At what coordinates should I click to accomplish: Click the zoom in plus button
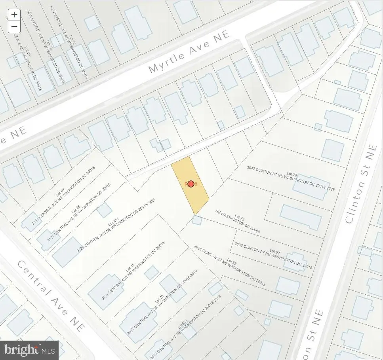pyautogui.click(x=14, y=15)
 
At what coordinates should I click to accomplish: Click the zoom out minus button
pyautogui.click(x=14, y=27)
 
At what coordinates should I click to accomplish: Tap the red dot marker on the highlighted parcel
pyautogui.click(x=191, y=184)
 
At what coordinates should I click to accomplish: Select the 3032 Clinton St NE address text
pyautogui.click(x=273, y=256)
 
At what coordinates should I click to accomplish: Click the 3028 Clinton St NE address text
pyautogui.click(x=229, y=266)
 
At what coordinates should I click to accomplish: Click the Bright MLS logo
pyautogui.click(x=29, y=350)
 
